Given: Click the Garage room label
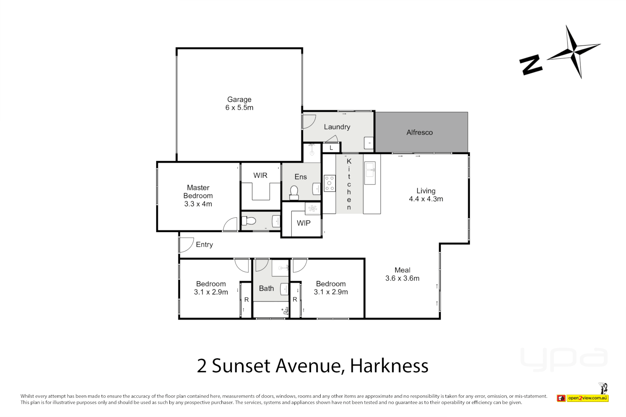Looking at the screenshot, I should (x=239, y=100).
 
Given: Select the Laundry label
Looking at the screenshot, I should (x=337, y=127).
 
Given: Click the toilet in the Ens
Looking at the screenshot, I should (x=294, y=192).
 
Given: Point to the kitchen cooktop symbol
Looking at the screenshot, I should (x=330, y=183).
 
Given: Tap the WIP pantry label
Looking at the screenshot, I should (x=303, y=223).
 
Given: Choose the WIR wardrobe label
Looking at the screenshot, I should (x=260, y=176).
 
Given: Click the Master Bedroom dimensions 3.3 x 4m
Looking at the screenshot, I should (x=198, y=204).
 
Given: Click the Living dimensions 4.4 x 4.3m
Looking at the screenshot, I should (x=426, y=199).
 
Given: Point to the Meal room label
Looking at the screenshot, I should (x=402, y=270).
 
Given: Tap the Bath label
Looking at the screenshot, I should (x=266, y=288).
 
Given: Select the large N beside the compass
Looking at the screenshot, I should (x=531, y=64).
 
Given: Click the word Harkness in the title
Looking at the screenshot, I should (x=389, y=366).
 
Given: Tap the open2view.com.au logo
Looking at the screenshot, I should (x=587, y=398).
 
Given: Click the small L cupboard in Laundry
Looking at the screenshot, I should (x=331, y=148).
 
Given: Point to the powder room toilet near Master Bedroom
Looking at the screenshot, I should (x=249, y=221).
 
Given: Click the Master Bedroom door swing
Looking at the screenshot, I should (x=230, y=225).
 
